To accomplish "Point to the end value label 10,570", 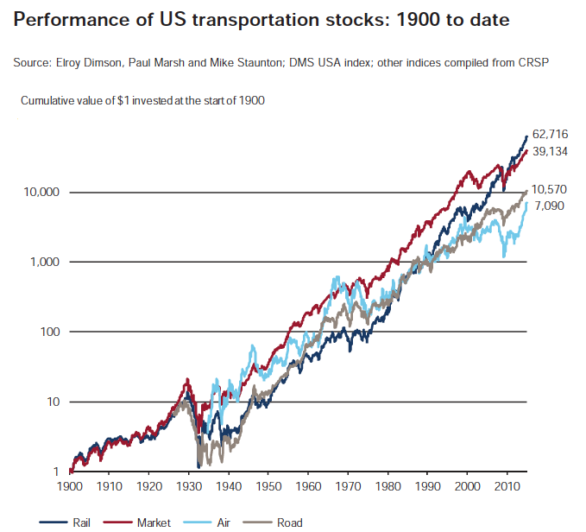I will [551, 189].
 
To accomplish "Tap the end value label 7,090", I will [551, 206].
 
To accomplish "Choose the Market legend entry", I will [154, 522].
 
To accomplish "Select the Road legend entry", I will [288, 522].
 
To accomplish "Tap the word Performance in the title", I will [67, 20].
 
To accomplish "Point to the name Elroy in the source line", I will [71, 63].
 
